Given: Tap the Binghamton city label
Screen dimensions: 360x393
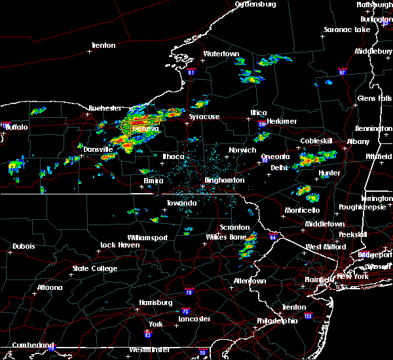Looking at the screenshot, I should point(225,180).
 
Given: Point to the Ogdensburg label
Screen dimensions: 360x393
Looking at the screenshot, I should point(255,4).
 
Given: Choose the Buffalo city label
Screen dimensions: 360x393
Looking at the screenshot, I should point(16,127).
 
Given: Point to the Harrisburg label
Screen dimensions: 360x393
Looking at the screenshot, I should point(155,302).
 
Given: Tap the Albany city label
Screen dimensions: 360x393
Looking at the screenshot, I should point(358,141).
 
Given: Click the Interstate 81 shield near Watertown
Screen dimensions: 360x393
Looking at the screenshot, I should point(191,73).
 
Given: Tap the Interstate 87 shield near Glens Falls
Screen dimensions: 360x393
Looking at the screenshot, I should point(342,71).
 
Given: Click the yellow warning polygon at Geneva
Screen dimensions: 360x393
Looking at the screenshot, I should point(141,123).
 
